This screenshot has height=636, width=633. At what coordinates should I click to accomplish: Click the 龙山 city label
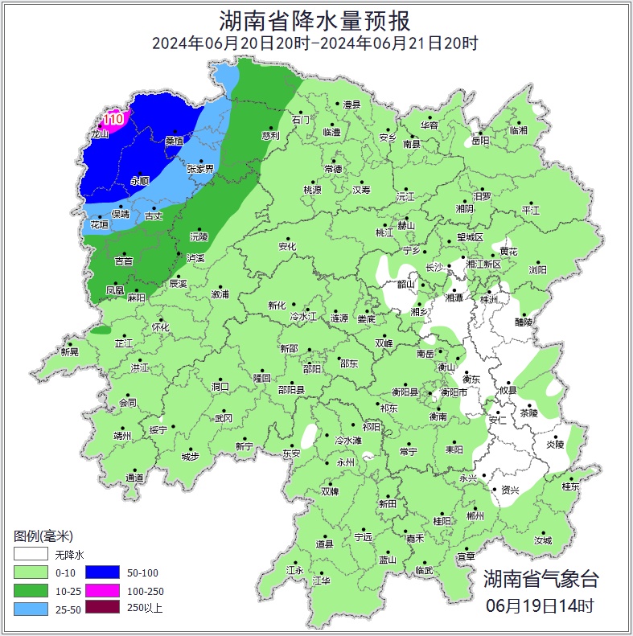coord(98,135)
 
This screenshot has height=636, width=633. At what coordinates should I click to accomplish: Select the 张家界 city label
coord(200,169)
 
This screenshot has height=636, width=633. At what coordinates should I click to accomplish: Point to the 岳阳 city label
coord(480,141)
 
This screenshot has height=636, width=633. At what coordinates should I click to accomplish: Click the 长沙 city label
coord(434,267)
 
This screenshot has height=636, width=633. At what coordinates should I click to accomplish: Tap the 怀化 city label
coord(161,327)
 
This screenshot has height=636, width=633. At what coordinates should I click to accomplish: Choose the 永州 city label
coord(345,463)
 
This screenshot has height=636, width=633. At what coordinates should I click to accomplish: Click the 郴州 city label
coord(475,515)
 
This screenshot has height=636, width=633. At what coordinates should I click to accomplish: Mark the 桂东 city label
coord(570,486)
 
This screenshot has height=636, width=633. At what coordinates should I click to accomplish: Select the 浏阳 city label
coord(537,270)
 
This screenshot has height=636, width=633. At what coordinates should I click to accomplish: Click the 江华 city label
coord(321,580)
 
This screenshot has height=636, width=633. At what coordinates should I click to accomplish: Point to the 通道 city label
coord(134,478)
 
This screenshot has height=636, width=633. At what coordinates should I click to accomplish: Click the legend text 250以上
coord(145,608)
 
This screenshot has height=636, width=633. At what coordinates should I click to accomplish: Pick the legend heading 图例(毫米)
coord(43,536)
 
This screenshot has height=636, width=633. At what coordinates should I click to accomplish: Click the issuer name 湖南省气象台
coord(541,578)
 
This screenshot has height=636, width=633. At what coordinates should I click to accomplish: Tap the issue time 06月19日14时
coord(541,605)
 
